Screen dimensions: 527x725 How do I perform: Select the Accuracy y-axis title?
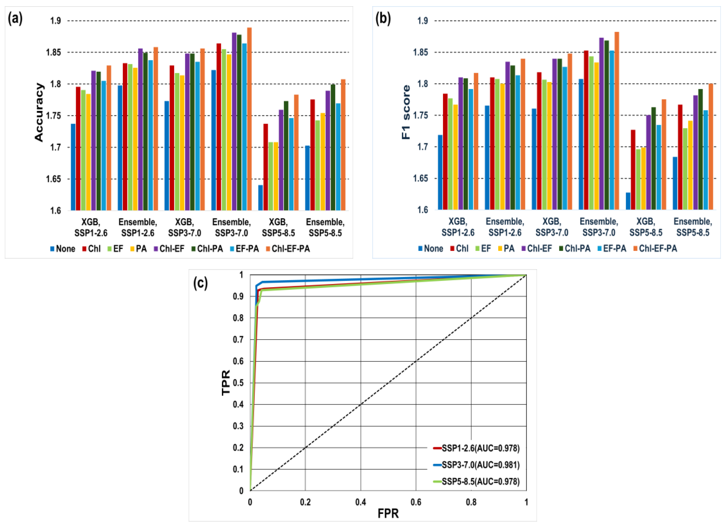coord(39,112)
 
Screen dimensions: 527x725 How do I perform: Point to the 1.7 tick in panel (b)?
coord(422,147)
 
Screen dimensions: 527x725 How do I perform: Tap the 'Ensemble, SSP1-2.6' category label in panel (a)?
coord(138,228)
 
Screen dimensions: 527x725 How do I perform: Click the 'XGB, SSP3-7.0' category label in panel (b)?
coord(552,227)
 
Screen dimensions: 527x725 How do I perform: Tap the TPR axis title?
coord(226,383)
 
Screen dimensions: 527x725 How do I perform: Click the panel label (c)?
coord(200,283)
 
